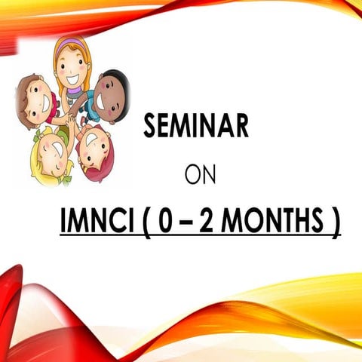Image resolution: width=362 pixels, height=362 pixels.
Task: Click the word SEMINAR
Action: coord(195,127)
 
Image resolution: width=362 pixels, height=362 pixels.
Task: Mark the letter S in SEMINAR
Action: coord(150,127)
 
